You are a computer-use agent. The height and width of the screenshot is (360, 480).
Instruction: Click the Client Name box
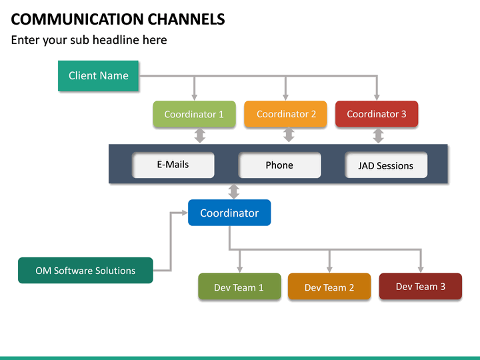pos(98,76)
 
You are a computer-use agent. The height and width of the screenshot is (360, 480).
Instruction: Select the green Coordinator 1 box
pos(194,114)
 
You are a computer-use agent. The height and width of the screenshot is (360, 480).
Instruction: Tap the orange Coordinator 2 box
pos(285,114)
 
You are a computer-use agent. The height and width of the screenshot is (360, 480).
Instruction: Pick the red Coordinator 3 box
pos(376,114)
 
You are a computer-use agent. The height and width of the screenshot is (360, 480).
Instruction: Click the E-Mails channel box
pos(173,165)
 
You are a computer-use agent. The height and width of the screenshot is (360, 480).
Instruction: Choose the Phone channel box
pos(279,165)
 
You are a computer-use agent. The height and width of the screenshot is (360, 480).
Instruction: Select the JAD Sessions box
pos(385,166)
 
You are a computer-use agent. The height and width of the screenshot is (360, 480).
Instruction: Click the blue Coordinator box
pos(229,213)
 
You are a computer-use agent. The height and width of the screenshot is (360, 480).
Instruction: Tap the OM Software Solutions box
pos(85,271)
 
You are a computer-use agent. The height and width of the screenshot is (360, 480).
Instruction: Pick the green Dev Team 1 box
pos(239,287)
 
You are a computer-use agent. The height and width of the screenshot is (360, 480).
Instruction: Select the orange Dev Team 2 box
pos(329,287)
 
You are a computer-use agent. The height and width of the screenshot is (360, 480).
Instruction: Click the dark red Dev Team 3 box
pos(420,286)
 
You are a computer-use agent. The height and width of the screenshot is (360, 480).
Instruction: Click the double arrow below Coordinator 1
pos(199,135)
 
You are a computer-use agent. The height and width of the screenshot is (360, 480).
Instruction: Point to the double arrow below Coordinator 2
pos(289,135)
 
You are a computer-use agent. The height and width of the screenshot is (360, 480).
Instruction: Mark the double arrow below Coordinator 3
pos(378,135)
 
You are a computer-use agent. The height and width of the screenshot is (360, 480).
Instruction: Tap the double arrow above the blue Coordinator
pos(233,191)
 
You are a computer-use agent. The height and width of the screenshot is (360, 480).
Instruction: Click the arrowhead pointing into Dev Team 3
pos(420,269)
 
